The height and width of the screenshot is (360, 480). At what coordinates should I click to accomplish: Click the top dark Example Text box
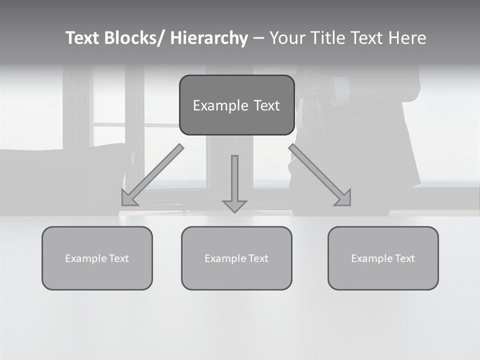point(236,105)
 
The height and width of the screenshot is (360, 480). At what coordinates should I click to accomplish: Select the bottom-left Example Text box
point(97,258)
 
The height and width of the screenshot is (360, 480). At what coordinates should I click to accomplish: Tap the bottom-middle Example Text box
point(236,258)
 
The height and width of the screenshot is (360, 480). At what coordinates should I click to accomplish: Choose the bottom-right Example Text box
point(383,258)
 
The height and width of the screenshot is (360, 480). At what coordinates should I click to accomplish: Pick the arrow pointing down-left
point(152,175)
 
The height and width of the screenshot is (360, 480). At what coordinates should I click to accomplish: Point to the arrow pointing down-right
point(320,175)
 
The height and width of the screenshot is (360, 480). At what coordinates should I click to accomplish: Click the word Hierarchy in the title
point(209,38)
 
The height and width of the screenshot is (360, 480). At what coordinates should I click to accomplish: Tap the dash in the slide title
point(258,38)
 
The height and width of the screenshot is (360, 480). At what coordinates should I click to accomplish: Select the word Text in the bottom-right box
point(404,258)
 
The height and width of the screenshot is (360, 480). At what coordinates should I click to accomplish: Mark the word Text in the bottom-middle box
point(258,258)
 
